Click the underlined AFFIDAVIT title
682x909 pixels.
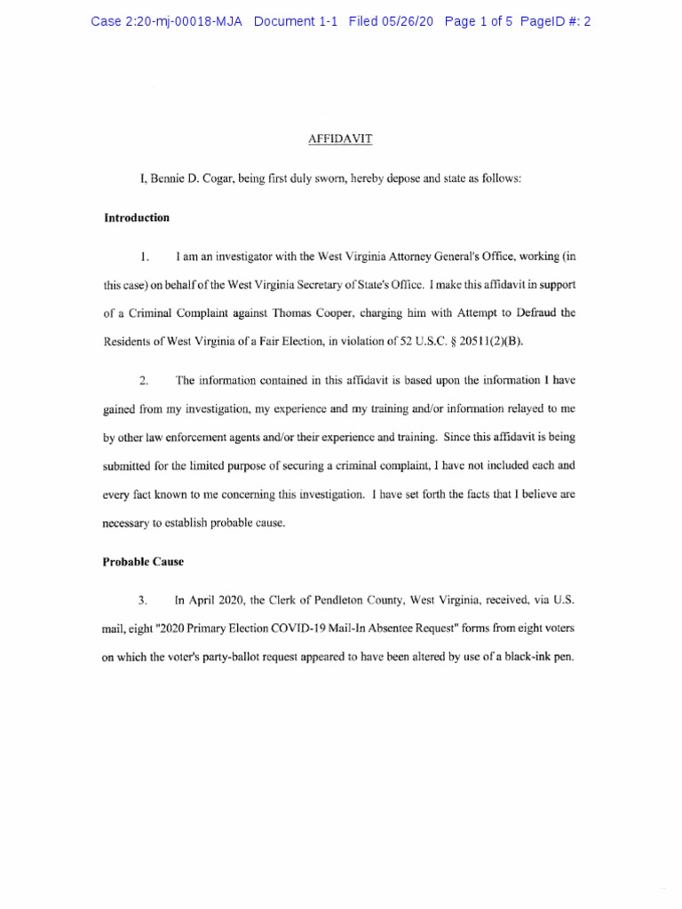340,138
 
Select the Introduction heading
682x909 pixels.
137,217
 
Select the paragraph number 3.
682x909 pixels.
144,601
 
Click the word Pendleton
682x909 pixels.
320,601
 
